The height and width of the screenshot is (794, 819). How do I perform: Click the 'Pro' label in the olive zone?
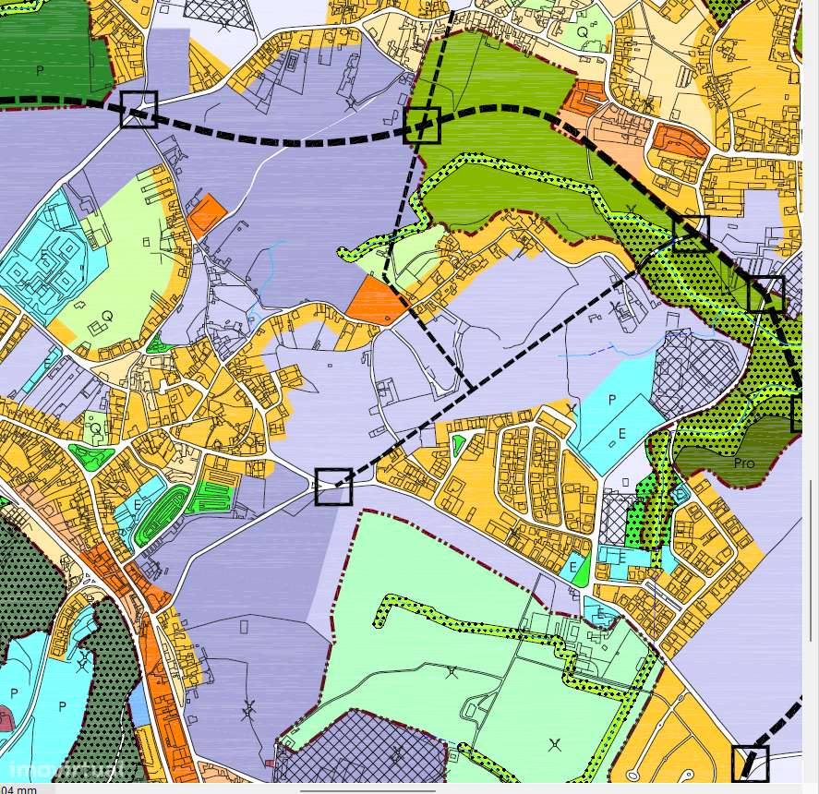744,462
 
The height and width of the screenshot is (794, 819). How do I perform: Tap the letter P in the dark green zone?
40,70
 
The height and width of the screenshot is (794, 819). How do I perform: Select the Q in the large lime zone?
107,316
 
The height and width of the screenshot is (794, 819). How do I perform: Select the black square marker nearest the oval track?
333,487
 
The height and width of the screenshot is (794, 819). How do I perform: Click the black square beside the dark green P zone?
138,109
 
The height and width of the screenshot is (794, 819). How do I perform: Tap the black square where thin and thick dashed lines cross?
423,125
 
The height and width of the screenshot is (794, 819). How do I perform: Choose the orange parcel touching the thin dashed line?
379,302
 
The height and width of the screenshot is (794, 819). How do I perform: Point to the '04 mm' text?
18,789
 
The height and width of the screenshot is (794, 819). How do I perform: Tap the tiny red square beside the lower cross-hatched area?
269,764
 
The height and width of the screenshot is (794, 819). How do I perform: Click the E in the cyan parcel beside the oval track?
138,505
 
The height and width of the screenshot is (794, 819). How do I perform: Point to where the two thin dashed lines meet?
473,387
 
